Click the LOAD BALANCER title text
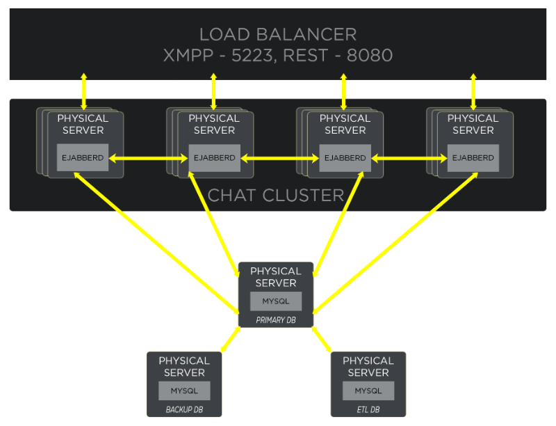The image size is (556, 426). (277, 34)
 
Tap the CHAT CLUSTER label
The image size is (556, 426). (276, 195)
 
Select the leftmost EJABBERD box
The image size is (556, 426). (83, 158)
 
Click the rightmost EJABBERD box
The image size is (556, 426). (473, 158)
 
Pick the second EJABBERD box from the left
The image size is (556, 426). (214, 158)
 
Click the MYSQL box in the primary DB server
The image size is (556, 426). (276, 301)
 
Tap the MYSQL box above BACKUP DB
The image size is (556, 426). (184, 390)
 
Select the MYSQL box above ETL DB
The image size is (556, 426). (368, 390)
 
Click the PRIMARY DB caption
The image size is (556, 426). (276, 320)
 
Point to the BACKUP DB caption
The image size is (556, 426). (184, 409)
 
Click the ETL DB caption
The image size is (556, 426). (368, 409)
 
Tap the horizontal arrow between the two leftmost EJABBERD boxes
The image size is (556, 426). (148, 159)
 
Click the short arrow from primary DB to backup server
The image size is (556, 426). (230, 340)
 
